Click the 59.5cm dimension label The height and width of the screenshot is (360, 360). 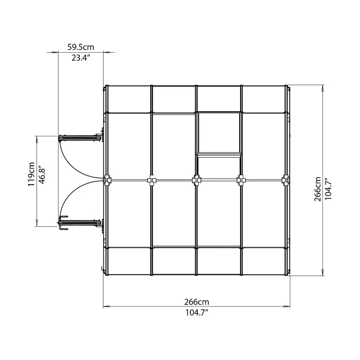81,47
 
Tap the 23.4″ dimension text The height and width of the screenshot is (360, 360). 80,58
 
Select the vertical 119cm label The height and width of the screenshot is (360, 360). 31,174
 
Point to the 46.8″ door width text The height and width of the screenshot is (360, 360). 42,173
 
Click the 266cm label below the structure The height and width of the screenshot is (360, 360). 197,301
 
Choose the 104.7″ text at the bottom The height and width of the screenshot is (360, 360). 197,312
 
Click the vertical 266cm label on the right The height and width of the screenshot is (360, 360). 318,189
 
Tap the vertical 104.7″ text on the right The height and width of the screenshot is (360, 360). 328,189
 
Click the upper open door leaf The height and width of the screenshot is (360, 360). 80,138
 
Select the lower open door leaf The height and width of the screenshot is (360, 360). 80,223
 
